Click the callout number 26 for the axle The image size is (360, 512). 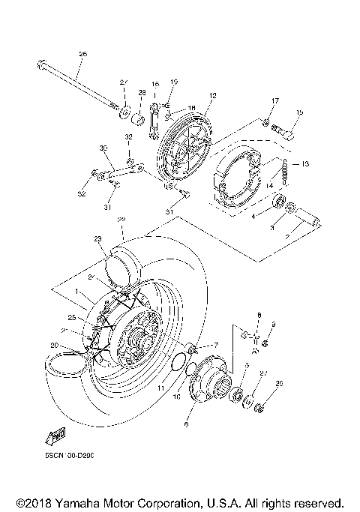click(82, 53)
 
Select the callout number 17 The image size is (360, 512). click(274, 101)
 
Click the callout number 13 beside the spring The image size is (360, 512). click(305, 163)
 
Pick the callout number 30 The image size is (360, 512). click(103, 148)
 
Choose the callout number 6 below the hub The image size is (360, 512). click(187, 424)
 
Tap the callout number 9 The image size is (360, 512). click(274, 324)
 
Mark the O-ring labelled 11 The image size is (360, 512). click(177, 365)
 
